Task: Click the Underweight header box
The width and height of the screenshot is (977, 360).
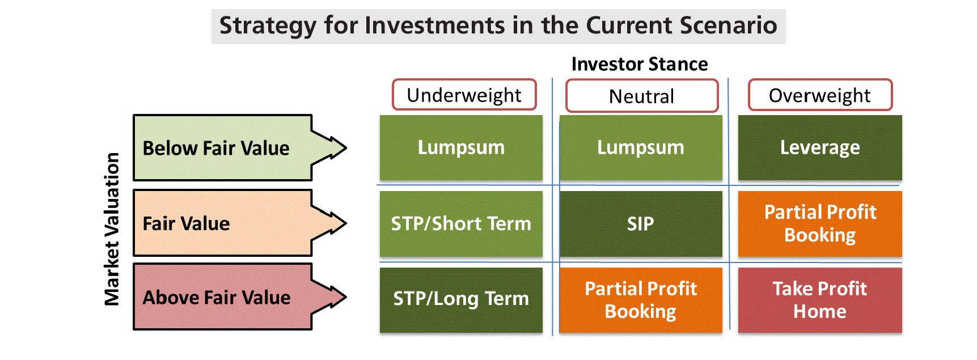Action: tap(464, 95)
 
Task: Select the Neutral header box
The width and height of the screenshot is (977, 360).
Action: tap(642, 96)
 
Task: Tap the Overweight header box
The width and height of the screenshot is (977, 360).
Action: tap(820, 95)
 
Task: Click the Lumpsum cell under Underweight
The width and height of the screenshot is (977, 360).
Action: tap(461, 147)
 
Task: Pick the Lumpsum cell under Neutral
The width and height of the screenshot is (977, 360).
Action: tap(641, 147)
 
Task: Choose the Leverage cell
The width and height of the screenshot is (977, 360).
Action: tap(820, 147)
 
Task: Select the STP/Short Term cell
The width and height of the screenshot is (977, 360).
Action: tap(461, 224)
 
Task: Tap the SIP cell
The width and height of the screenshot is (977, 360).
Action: tap(641, 224)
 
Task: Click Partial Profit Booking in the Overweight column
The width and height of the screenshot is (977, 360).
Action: tap(820, 224)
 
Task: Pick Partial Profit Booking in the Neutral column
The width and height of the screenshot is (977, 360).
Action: tap(641, 300)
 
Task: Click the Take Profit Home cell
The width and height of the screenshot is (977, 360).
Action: tap(820, 300)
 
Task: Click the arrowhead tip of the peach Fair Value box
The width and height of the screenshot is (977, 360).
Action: tap(345, 223)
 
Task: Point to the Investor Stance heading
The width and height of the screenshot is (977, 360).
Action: tap(640, 64)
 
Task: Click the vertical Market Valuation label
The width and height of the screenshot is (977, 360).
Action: tap(112, 229)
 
